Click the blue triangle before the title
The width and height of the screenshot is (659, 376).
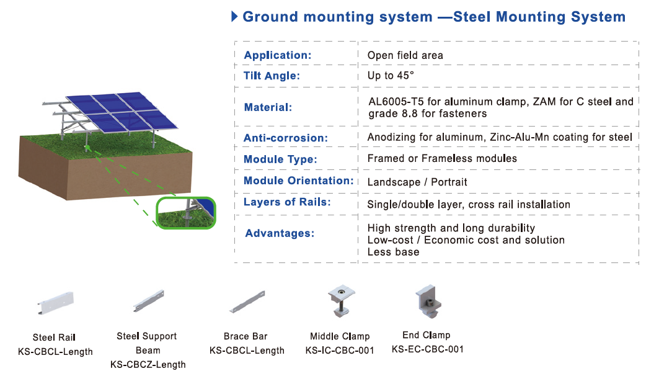[234, 16]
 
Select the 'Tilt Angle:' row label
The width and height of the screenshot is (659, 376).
[272, 76]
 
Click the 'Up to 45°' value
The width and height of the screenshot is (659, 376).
[391, 76]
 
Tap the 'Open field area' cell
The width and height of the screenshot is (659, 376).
[405, 55]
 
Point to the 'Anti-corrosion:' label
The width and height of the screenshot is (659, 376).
[285, 138]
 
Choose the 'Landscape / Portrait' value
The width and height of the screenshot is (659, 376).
[417, 182]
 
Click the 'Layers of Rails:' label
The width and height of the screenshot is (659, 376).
[287, 202]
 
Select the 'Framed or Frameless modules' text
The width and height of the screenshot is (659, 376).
[442, 159]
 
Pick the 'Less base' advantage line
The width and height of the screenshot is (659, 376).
[394, 252]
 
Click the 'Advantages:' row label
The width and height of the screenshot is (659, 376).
[280, 233]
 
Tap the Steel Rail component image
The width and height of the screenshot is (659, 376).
[55, 303]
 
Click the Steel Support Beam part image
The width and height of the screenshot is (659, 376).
[148, 301]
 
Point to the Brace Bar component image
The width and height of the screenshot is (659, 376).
[247, 302]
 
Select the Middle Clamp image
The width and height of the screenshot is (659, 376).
[341, 301]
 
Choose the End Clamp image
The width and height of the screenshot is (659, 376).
[428, 302]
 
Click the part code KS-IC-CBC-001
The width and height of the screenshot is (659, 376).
[340, 351]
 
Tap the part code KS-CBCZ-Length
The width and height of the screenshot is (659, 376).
[148, 365]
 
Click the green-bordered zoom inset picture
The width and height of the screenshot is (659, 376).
[186, 213]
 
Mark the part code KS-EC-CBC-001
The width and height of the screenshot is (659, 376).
[427, 349]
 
